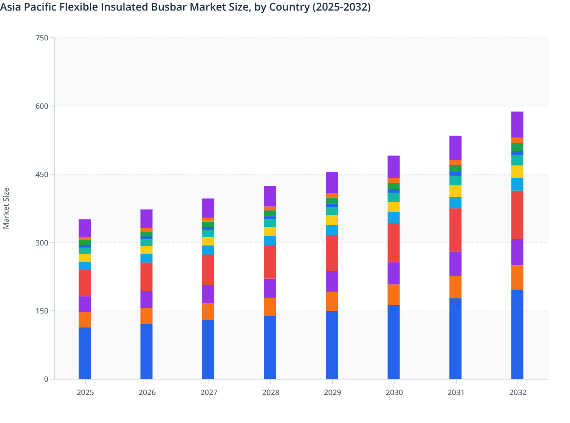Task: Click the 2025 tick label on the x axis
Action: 85,392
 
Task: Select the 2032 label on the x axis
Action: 517,392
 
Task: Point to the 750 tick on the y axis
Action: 42,38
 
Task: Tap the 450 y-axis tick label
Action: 42,174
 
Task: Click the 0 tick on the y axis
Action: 46,379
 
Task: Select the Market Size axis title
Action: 6,208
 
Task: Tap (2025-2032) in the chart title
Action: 341,7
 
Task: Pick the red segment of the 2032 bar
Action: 517,215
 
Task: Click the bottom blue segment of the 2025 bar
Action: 85,353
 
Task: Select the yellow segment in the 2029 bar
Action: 332,220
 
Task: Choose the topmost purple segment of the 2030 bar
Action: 393,167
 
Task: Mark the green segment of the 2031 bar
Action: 455,168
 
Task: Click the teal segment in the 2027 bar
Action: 208,233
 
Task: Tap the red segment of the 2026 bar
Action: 146,277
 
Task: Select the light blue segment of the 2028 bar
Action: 270,241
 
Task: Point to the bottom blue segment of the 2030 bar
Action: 393,342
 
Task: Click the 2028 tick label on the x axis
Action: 271,392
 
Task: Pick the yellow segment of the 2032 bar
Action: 517,172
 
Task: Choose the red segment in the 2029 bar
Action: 332,253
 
